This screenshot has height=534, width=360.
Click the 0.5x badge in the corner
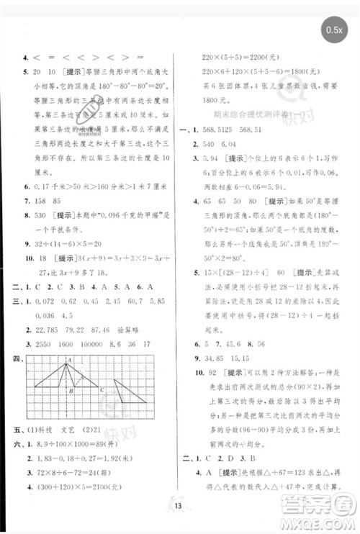pos(335,30)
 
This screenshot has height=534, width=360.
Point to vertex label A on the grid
pos(71,360)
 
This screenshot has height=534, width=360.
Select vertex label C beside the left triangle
pos(103,390)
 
